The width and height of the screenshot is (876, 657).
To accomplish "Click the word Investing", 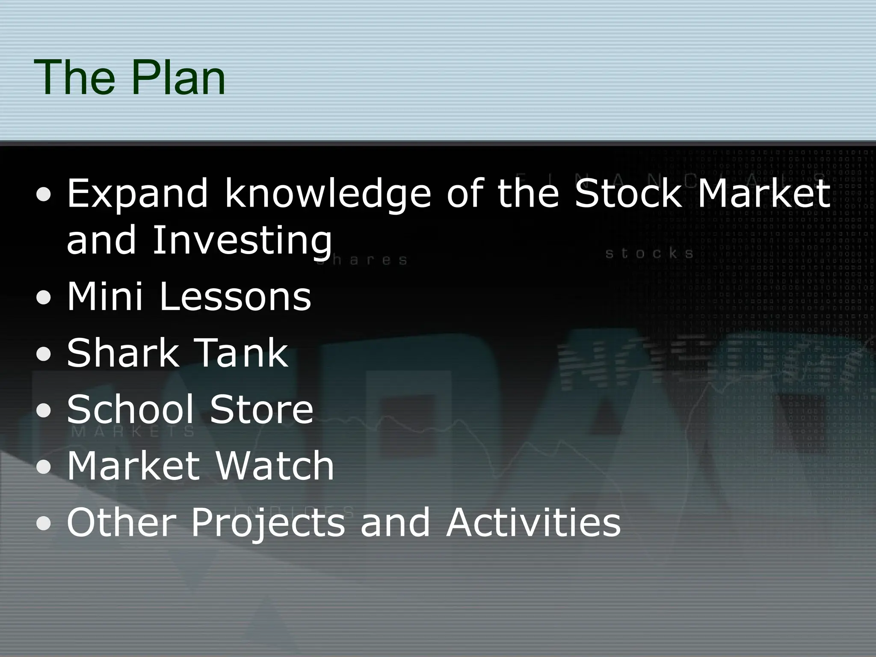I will tap(242, 240).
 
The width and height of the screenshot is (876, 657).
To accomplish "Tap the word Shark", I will tap(122, 352).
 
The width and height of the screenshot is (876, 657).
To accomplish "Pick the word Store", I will tap(262, 409).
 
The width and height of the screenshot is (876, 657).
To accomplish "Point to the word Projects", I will tap(268, 523).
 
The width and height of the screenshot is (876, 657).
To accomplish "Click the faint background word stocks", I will tap(649, 254).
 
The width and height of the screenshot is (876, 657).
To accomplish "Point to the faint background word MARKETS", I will tap(133, 431).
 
